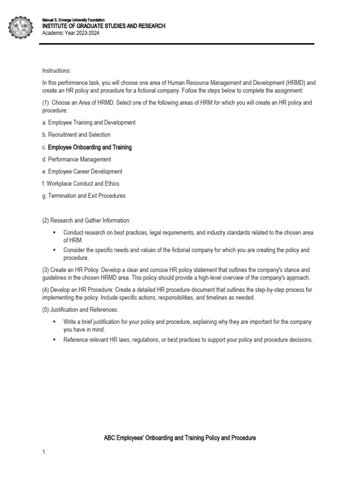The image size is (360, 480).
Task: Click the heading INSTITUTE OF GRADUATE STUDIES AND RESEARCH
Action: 104,26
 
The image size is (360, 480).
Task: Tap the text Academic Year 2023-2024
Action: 71,33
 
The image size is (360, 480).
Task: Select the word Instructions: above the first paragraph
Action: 56,71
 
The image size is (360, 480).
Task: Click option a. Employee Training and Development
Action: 89,122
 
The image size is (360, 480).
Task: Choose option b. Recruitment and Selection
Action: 76,135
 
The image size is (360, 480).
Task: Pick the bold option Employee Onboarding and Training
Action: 90,147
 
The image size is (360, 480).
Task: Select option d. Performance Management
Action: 76,159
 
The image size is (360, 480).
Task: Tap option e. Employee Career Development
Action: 82,172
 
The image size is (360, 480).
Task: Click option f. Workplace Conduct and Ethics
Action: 81,184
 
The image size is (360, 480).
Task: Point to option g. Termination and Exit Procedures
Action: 84,196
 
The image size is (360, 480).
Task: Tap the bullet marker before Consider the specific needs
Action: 54,250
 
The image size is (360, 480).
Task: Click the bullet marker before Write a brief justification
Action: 54,322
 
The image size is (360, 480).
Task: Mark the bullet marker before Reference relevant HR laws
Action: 54,340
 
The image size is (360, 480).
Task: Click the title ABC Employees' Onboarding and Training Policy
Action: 180,438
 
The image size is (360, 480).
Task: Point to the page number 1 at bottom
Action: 43,452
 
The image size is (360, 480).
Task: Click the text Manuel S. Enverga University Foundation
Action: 74,20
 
